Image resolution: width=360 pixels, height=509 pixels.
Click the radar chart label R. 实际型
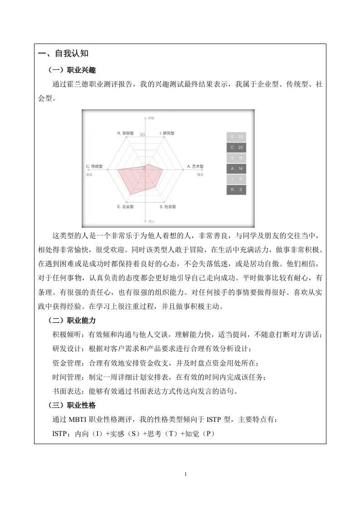126,133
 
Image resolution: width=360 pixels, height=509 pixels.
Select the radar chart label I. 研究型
167,133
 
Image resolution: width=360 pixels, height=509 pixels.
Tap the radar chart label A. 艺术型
196,167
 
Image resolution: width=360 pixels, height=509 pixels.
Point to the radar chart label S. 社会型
168,206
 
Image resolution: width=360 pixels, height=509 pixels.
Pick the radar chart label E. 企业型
125,206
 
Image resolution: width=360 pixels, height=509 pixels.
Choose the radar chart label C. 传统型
94,167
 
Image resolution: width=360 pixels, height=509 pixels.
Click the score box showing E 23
237,137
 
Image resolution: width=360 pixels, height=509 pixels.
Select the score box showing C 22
237,147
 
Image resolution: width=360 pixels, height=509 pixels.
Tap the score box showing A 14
237,168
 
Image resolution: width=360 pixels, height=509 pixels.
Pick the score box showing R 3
237,189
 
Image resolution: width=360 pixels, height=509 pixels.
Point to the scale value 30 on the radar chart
142,135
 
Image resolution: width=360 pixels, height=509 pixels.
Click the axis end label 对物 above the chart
151,118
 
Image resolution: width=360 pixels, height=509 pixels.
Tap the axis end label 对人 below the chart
151,221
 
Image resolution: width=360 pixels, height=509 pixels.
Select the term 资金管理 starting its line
68,363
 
